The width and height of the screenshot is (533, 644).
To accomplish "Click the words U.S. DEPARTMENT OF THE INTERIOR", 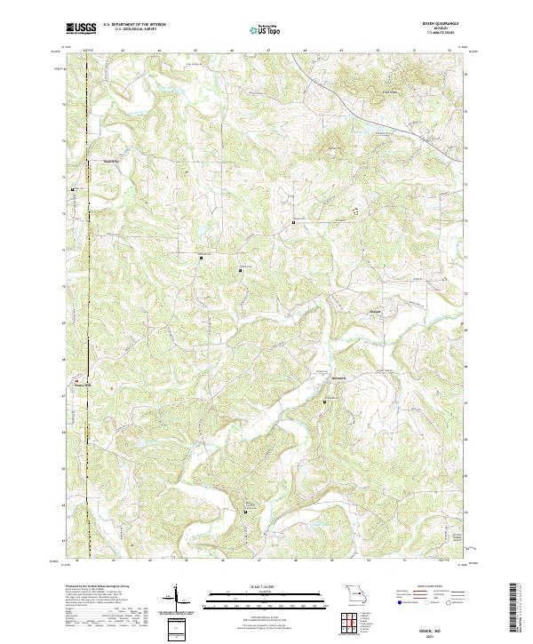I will click(140, 25).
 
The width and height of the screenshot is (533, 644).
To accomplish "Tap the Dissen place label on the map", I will click(377, 311).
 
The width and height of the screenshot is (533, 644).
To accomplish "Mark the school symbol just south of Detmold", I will click(323, 402).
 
